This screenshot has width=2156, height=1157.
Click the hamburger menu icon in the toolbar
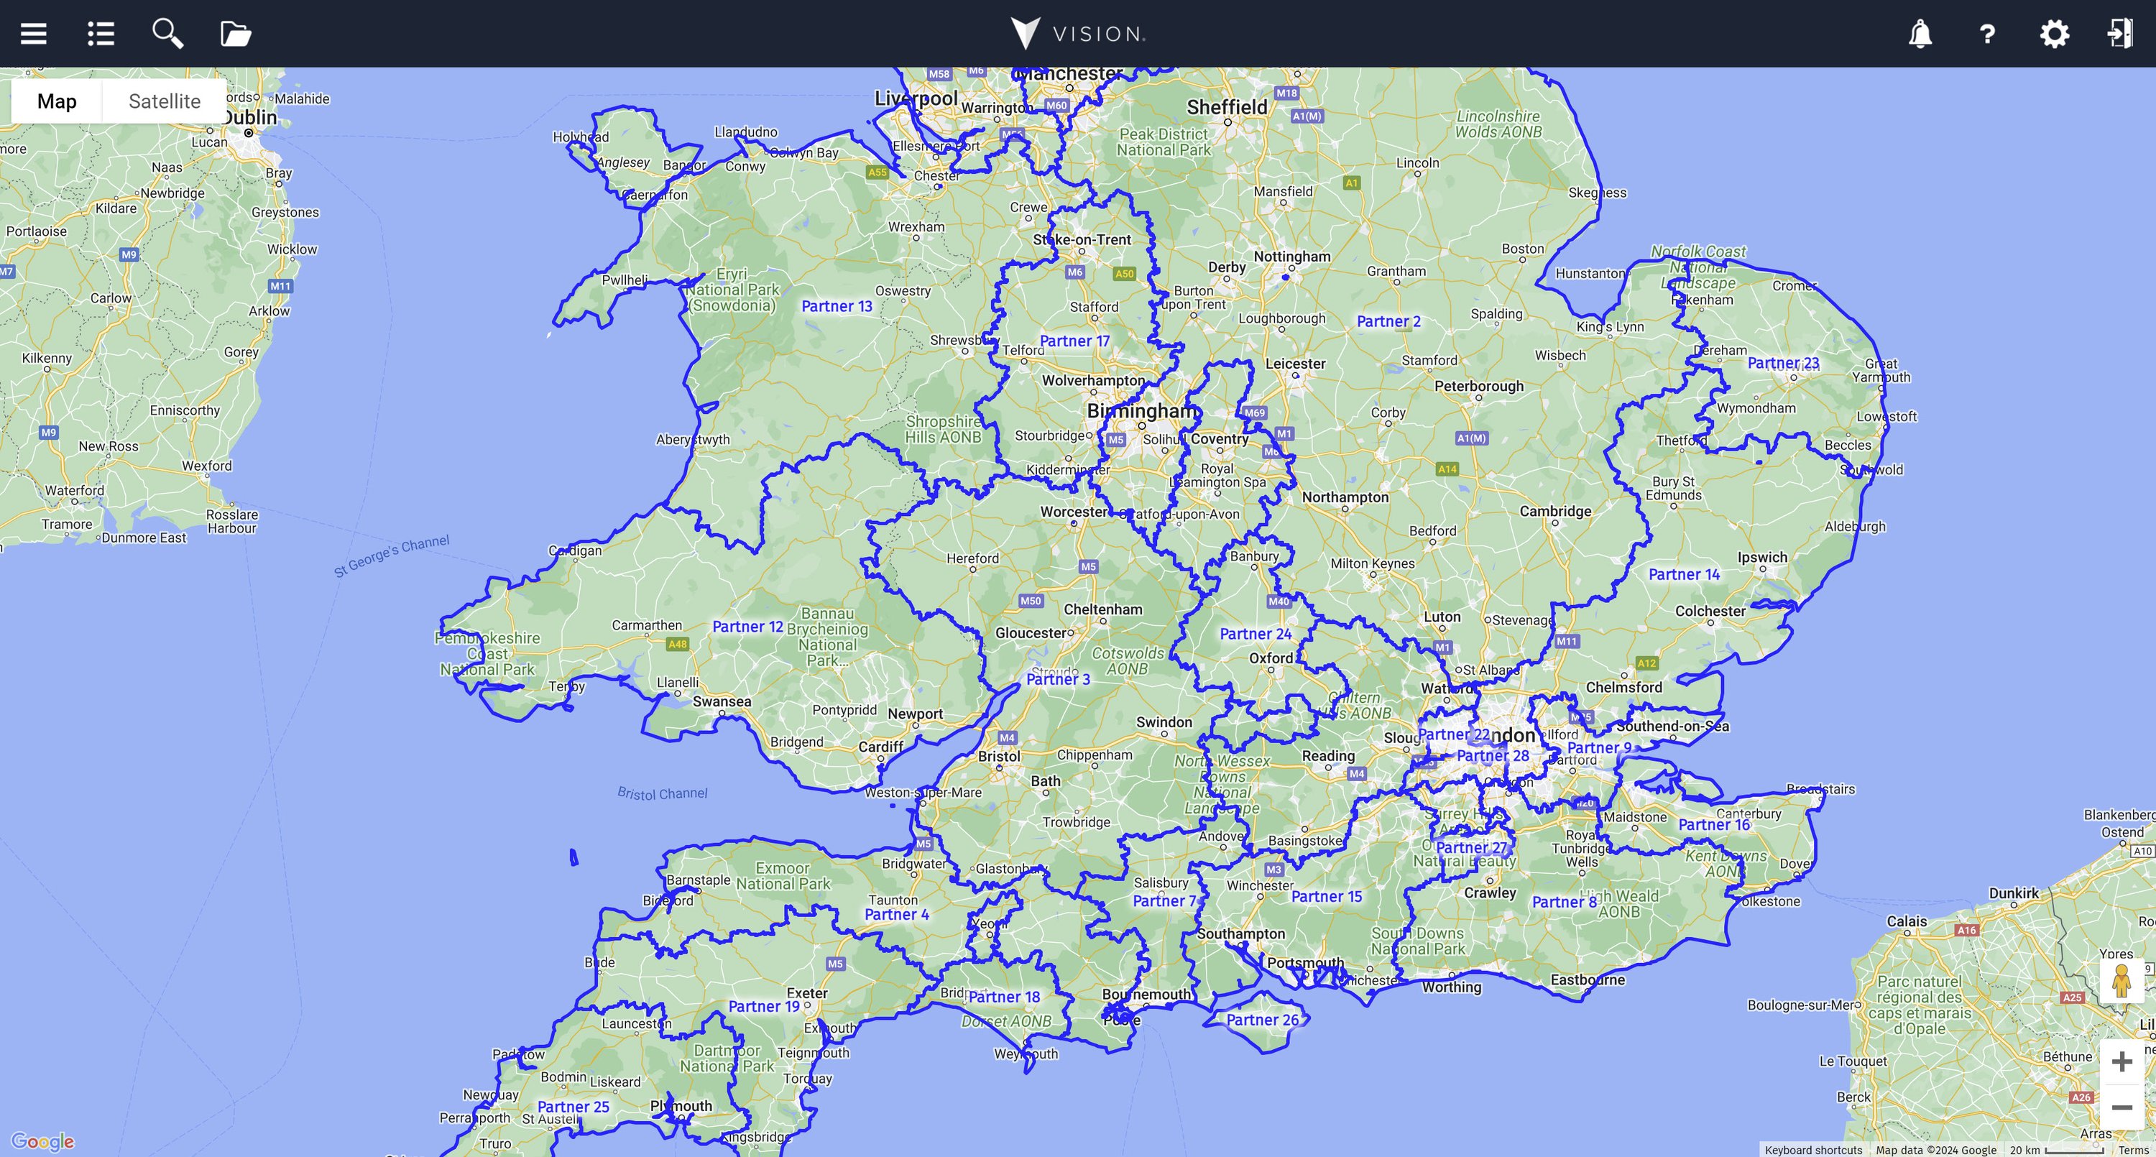[x=34, y=34]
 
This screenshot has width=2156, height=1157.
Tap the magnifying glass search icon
[x=167, y=34]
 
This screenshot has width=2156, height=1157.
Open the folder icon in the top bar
[x=235, y=34]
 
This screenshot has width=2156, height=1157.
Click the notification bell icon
[x=1920, y=34]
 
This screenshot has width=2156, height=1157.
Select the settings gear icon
[x=2054, y=34]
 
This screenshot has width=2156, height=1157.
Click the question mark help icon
[x=1987, y=34]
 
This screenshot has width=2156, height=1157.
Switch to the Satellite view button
[x=164, y=101]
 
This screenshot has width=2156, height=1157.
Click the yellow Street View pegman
[x=2121, y=980]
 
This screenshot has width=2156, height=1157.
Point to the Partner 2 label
[x=1388, y=321]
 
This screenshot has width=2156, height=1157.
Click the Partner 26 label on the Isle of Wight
[x=1262, y=1020]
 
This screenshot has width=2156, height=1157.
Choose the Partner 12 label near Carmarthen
[x=747, y=626]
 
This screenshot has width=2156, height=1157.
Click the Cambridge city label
[x=1555, y=511]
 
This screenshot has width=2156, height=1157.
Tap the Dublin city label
[x=249, y=117]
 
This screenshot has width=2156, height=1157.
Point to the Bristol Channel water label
[x=662, y=793]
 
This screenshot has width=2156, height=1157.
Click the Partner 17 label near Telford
[x=1074, y=341]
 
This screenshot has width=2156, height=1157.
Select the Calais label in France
[x=1907, y=921]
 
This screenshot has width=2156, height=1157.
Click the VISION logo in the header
[x=1077, y=34]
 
